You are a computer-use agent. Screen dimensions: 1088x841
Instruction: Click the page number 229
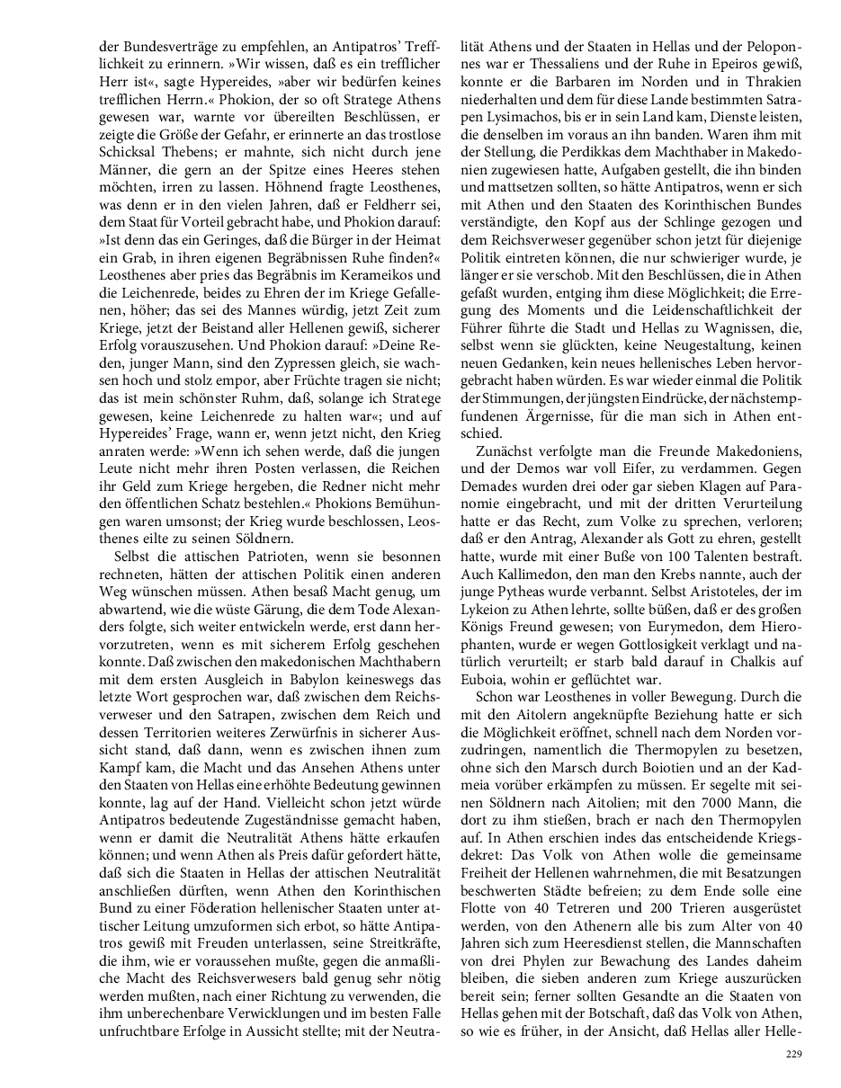coord(792,1054)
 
